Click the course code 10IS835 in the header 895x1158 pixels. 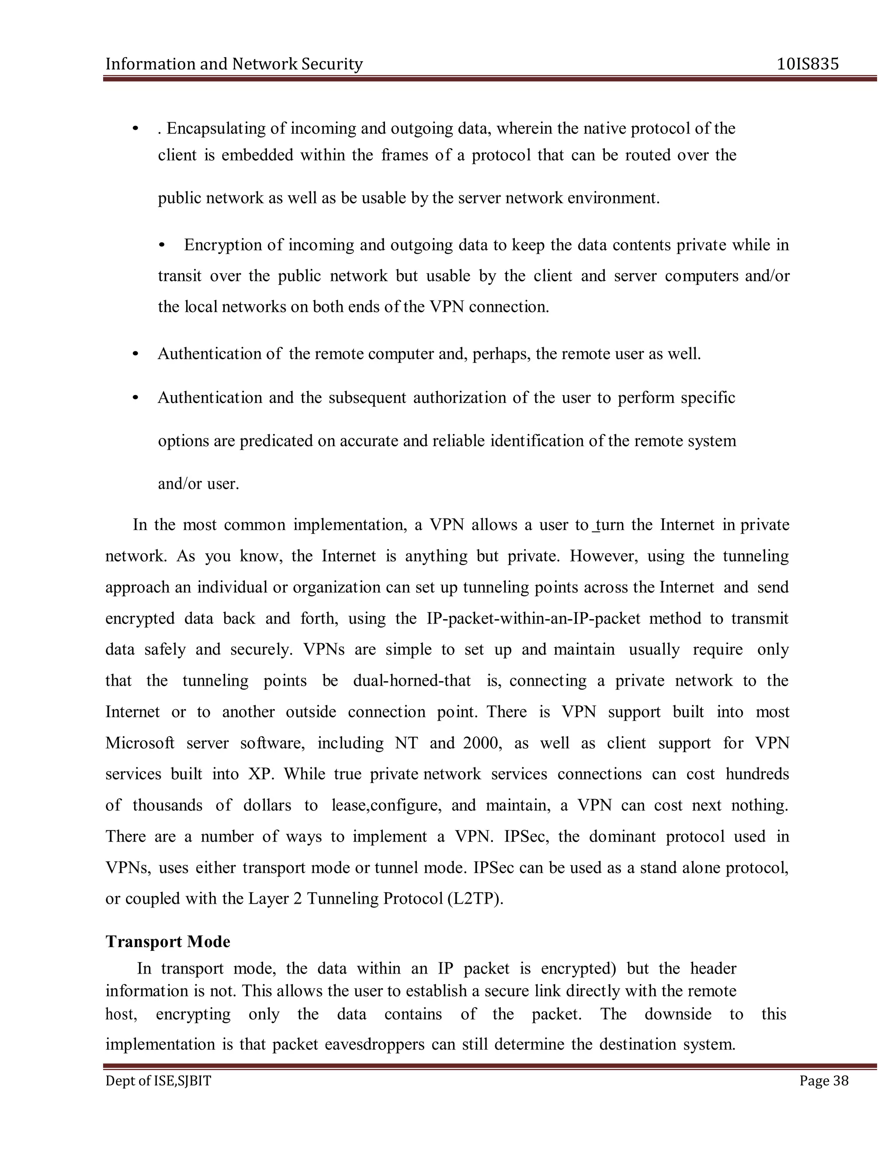click(808, 64)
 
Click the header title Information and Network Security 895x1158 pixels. click(234, 64)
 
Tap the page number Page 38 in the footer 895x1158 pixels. click(823, 1081)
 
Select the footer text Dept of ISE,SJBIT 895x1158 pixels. click(158, 1081)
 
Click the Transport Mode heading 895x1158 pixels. click(167, 942)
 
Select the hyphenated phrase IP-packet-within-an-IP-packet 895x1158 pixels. click(534, 619)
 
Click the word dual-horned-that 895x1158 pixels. click(411, 681)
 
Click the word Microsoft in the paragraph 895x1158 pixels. click(140, 743)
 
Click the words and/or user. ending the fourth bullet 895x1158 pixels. click(198, 484)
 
